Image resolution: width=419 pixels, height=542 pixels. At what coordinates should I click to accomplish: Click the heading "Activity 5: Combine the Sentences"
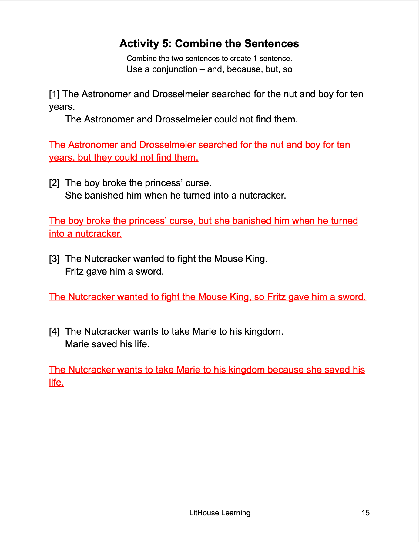[x=209, y=44]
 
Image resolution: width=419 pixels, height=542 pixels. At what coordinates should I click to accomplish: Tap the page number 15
[x=365, y=513]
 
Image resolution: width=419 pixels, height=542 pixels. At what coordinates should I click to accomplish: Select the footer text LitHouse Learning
[x=220, y=513]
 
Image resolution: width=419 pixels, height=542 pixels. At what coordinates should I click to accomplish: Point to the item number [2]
[x=54, y=183]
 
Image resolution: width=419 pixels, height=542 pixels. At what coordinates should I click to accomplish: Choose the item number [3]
[x=54, y=259]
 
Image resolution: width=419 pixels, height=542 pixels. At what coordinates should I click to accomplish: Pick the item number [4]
[x=54, y=332]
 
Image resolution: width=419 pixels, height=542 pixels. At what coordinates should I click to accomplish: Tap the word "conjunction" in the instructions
[x=175, y=69]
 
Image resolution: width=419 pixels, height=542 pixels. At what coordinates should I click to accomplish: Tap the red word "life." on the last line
[x=57, y=383]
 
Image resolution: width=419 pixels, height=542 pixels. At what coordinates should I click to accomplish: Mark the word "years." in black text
[x=62, y=107]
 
